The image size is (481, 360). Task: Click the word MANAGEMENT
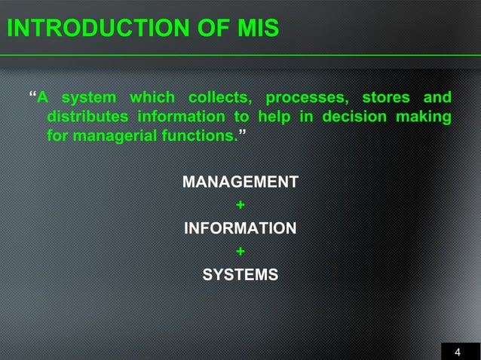pos(240,183)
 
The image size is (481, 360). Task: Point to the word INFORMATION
pos(240,228)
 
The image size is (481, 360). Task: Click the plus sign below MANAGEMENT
pos(240,206)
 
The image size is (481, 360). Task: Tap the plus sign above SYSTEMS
pos(240,252)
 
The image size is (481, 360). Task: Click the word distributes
pos(87,117)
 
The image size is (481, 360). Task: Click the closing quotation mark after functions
pos(240,136)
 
